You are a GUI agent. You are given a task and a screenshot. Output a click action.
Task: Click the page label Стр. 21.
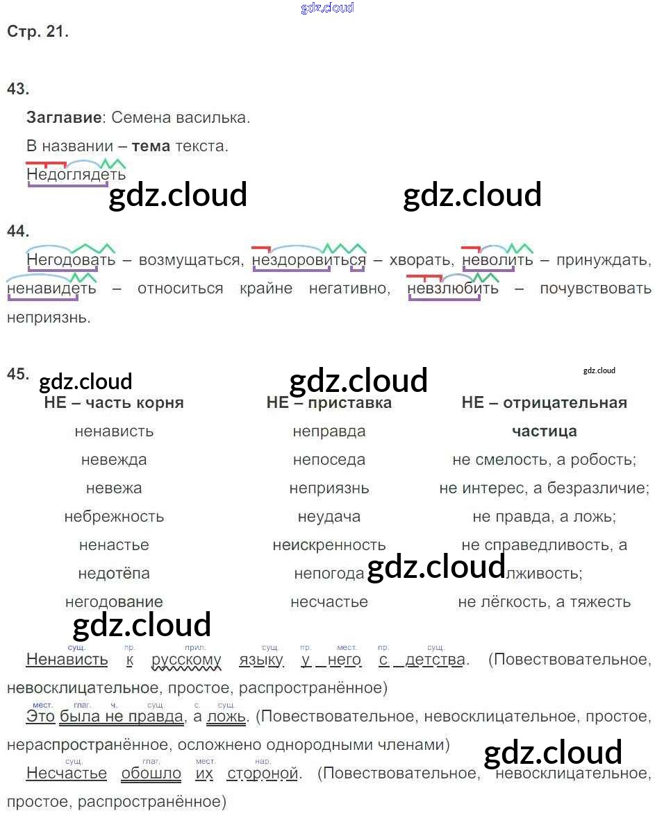(x=38, y=31)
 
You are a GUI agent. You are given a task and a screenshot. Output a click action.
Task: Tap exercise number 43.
(x=17, y=88)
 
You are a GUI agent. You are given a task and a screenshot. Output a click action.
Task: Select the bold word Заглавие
(x=64, y=117)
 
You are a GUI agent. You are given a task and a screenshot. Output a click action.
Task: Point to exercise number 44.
(x=17, y=231)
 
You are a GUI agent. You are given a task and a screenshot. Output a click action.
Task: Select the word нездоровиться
(x=308, y=260)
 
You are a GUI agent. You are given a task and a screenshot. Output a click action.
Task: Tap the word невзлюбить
(x=453, y=288)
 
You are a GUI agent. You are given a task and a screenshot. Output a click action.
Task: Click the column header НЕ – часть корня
(x=114, y=403)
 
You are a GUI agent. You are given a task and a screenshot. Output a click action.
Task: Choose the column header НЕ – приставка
(x=329, y=403)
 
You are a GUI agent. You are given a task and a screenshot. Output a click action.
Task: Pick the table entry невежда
(x=114, y=460)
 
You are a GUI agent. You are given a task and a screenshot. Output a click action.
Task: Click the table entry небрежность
(x=114, y=517)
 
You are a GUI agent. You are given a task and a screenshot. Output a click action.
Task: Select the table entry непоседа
(x=329, y=460)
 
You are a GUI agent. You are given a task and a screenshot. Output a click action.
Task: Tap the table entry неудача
(x=329, y=517)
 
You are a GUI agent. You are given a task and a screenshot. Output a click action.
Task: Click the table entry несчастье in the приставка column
(x=329, y=602)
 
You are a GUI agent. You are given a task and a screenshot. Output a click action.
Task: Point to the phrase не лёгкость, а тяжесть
(x=544, y=602)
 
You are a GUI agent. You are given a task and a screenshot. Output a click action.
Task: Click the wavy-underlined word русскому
(x=186, y=660)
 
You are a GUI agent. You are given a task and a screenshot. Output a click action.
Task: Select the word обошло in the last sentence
(x=151, y=774)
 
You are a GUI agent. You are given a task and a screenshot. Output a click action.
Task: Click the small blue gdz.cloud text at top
(x=327, y=8)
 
